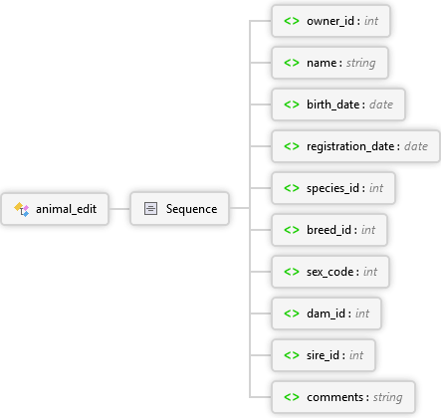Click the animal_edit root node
[x=55, y=209]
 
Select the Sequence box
[x=179, y=209]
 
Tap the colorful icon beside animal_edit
[x=22, y=209]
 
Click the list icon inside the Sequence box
[x=150, y=209]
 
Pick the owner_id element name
[x=331, y=21]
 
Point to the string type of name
[x=361, y=63]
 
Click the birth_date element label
[x=333, y=104]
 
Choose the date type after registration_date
[x=416, y=146]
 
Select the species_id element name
[x=332, y=188]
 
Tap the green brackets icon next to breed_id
[x=292, y=230]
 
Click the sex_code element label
[x=330, y=272]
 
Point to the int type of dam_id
[x=362, y=313]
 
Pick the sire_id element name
[x=323, y=355]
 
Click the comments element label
[x=335, y=397]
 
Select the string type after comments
[x=388, y=397]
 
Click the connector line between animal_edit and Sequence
[x=119, y=209]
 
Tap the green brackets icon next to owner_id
[x=292, y=21]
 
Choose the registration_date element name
[x=350, y=146]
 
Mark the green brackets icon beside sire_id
[x=292, y=355]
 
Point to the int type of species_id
[x=376, y=188]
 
